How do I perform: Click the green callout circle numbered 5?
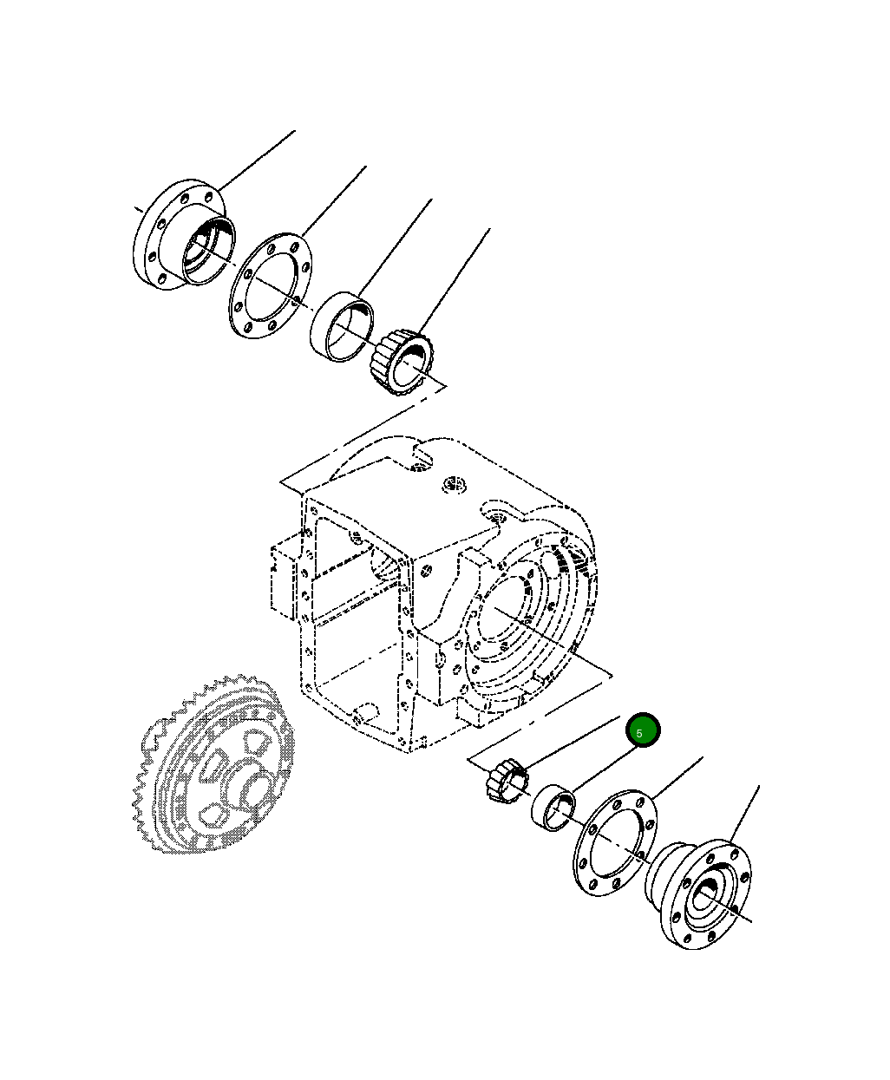click(x=643, y=731)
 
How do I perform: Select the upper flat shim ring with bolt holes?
click(x=272, y=286)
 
